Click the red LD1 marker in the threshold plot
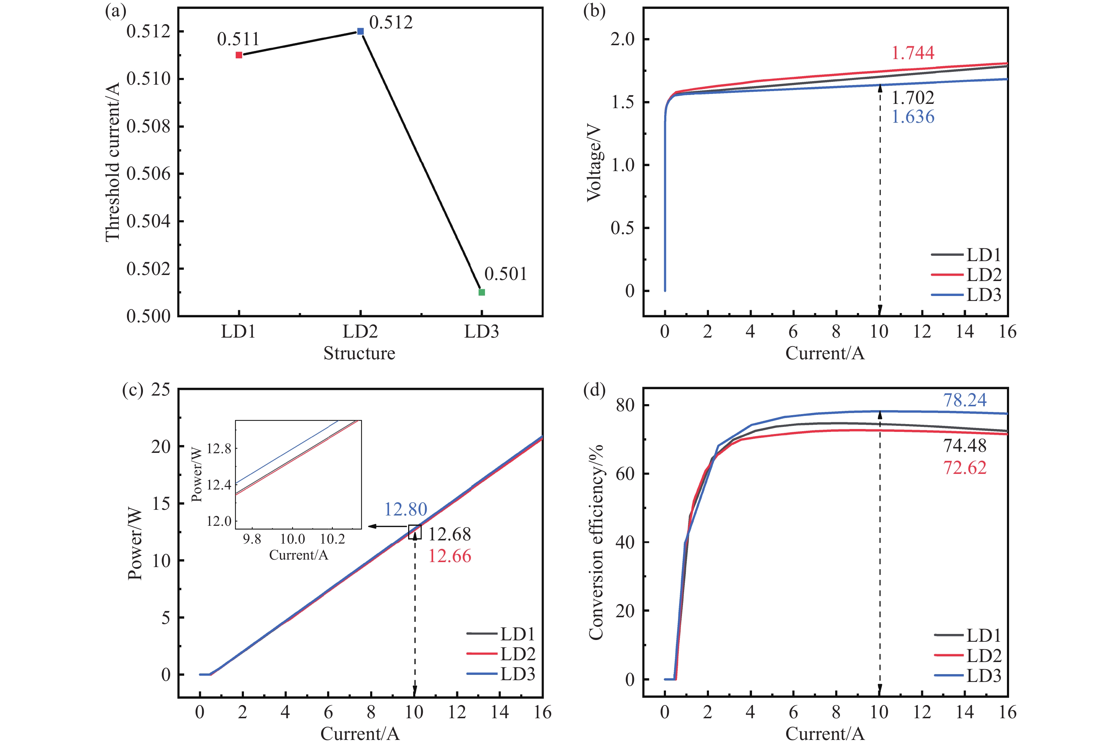pos(239,55)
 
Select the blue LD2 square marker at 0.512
pos(360,31)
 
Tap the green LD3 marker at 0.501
pos(481,292)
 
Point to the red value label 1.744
pos(912,53)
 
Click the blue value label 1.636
pos(912,117)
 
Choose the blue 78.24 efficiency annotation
pos(965,400)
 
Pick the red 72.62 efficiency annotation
pos(965,468)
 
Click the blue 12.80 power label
pos(405,509)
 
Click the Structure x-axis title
pos(359,353)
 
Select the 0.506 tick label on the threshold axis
pos(148,174)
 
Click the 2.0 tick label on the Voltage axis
pos(622,39)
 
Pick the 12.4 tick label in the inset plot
pos(219,485)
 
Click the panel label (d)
pos(594,390)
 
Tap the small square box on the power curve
pos(415,532)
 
